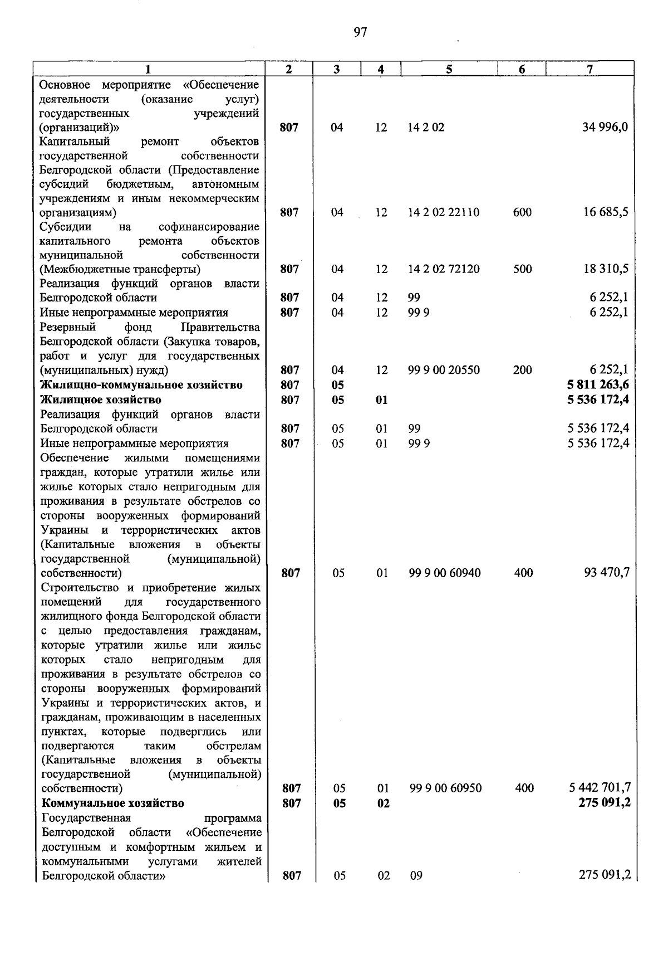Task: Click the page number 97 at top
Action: pos(360,32)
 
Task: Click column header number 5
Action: pos(449,69)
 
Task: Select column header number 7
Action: pos(590,69)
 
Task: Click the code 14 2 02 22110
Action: pos(444,212)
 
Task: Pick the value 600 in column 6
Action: pos(522,212)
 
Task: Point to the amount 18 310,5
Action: pos(606,269)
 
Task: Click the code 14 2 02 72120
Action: pos(444,269)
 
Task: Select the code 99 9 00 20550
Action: pos(444,370)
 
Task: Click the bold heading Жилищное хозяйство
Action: pos(101,400)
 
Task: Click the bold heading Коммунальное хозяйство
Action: pos(113,803)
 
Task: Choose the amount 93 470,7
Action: pos(607,573)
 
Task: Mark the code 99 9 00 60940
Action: pos(445,573)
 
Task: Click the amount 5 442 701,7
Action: pos(600,788)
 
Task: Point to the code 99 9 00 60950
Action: pos(445,788)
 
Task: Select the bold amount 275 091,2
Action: pos(605,803)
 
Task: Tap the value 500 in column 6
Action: pos(522,269)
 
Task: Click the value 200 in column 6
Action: pos(522,370)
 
